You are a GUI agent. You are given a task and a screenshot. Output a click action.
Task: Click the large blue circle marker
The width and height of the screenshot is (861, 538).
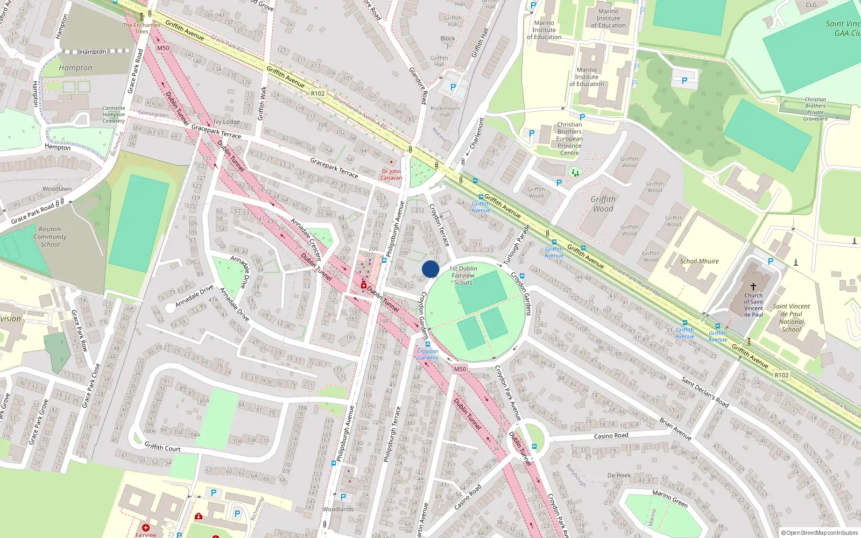click(430, 269)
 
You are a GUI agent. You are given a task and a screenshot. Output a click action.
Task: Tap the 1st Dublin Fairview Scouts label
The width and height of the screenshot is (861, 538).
click(463, 275)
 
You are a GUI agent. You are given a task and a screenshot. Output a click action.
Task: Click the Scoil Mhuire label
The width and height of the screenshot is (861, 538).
click(699, 261)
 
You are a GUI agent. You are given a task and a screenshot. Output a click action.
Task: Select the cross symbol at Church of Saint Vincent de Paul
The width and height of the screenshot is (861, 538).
click(753, 287)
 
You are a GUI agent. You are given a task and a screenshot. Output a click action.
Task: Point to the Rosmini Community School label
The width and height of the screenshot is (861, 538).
click(50, 237)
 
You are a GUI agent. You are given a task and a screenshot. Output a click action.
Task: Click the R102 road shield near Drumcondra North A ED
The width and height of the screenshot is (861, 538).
click(317, 94)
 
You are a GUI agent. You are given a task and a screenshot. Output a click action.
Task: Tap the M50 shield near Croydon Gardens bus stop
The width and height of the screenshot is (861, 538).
click(460, 369)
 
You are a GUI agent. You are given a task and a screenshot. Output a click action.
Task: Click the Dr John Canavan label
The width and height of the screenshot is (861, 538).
click(391, 174)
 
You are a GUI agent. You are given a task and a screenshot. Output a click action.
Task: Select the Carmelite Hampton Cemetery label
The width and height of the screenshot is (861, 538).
click(114, 115)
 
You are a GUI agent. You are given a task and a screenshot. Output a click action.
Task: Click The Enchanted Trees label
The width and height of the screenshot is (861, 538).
click(142, 28)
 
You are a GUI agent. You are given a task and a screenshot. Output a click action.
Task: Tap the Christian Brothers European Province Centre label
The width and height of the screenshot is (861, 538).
click(569, 139)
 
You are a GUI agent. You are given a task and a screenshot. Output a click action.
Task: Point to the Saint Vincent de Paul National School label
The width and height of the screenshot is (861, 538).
click(791, 317)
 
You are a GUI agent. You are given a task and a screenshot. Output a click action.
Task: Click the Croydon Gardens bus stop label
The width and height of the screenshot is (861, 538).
click(428, 354)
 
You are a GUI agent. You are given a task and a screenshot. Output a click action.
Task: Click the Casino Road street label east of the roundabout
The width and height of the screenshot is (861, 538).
click(611, 436)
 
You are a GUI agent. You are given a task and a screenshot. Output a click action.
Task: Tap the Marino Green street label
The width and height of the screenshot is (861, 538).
click(670, 499)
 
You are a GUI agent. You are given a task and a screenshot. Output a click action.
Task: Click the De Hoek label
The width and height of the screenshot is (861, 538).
click(619, 475)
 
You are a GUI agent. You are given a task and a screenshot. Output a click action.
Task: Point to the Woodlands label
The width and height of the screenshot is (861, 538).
click(338, 509)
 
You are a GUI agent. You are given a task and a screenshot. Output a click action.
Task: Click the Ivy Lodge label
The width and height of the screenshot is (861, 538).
click(227, 122)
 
